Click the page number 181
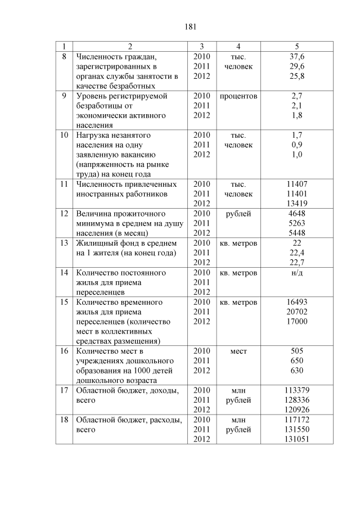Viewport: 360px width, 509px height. point(188,26)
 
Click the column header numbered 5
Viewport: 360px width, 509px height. point(297,46)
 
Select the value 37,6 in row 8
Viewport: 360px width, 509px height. point(297,57)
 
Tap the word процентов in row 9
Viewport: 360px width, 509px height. point(238,96)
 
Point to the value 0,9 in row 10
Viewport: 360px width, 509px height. point(297,145)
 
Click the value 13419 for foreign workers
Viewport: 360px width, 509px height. point(297,204)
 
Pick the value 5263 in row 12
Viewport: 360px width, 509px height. point(297,223)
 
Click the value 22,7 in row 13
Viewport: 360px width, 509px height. point(297,263)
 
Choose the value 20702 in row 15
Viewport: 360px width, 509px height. point(297,312)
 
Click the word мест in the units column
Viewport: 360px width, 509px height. point(238,351)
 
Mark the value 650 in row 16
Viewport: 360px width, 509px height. point(297,361)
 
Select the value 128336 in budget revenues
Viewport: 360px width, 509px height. point(297,400)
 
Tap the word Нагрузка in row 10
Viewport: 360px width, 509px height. point(93,135)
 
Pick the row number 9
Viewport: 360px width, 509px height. point(64,96)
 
